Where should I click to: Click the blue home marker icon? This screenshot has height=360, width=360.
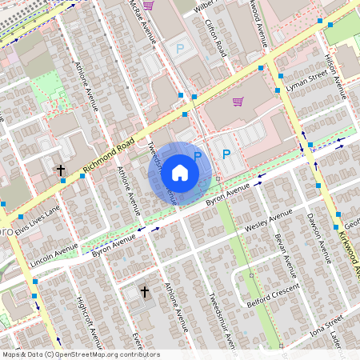pyautogui.click(x=180, y=172)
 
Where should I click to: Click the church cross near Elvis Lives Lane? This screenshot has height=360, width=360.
pyautogui.click(x=60, y=170)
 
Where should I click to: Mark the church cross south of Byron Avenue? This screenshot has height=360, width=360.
pyautogui.click(x=144, y=292)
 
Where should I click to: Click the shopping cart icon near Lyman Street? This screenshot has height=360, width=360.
pyautogui.click(x=238, y=102)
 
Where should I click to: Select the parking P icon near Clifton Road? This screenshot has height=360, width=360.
pyautogui.click(x=180, y=50)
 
